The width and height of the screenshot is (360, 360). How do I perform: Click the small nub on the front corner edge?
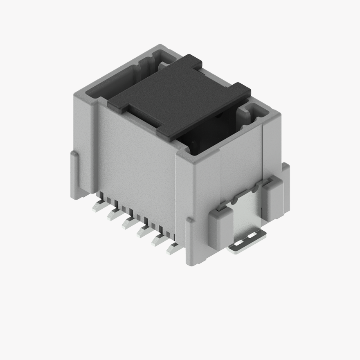tap(189, 221)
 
